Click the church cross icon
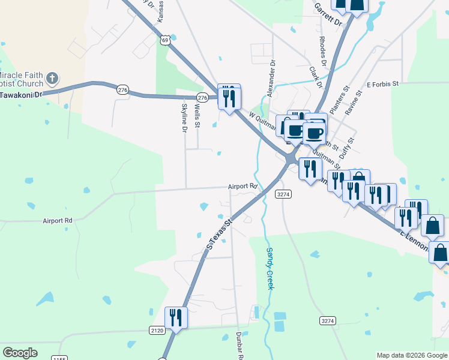52,79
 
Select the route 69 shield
165,40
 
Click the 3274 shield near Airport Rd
283,194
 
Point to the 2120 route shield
156,330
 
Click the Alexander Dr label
271,79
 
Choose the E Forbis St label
382,85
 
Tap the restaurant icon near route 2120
176,317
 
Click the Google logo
20,353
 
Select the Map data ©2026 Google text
411,355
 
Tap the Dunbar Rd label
239,346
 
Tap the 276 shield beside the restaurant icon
202,97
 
